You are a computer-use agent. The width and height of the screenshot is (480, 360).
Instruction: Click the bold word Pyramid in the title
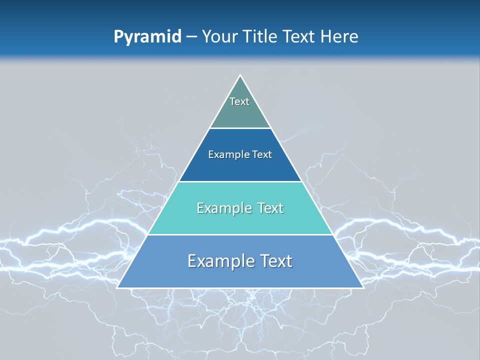pos(147,37)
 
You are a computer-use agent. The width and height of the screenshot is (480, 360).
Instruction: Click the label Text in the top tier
pos(239,101)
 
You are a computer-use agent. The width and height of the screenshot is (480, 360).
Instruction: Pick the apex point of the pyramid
pos(240,75)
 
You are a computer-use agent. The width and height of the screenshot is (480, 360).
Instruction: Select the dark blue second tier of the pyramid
pos(240,167)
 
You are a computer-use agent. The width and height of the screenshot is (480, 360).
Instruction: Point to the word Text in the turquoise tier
pos(270,208)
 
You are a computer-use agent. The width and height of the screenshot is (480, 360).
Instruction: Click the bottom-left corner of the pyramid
pos(117,287)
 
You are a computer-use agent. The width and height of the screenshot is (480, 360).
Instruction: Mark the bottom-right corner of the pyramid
pos(363,287)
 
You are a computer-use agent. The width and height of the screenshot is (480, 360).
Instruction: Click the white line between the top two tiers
pos(240,128)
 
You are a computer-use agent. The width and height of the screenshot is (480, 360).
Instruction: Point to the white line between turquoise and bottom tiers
pos(240,234)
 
